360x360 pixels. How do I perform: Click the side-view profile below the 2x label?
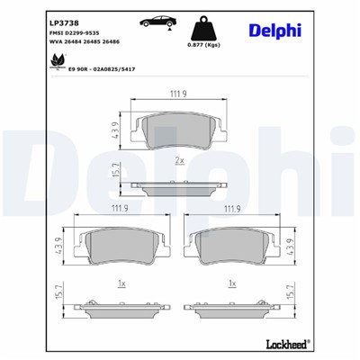tap(179, 186)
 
